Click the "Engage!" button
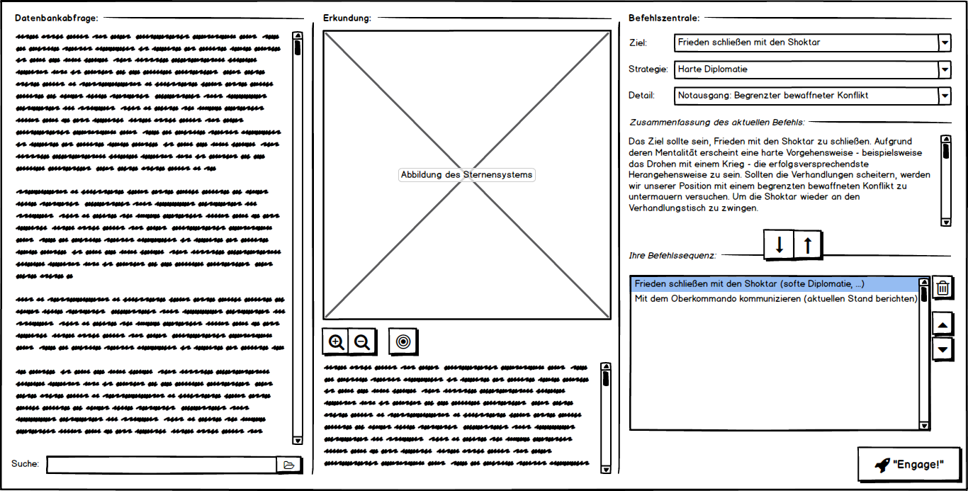[x=911, y=465]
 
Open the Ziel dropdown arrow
[x=944, y=43]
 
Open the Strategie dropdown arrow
[x=944, y=69]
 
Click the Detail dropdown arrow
[x=944, y=96]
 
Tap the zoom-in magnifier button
[x=337, y=342]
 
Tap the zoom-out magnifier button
[x=362, y=342]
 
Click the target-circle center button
[x=403, y=342]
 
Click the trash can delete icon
[x=942, y=288]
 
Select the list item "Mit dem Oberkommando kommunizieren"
[x=776, y=298]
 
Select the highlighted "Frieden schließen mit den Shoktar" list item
[x=749, y=284]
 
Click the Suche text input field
[x=162, y=465]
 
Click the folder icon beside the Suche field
[x=288, y=465]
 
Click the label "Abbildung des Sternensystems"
[x=467, y=175]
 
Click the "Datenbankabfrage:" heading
[x=57, y=18]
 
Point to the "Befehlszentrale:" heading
[x=664, y=18]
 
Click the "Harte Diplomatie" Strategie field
[x=805, y=69]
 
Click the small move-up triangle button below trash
[x=942, y=325]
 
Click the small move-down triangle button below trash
[x=942, y=349]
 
